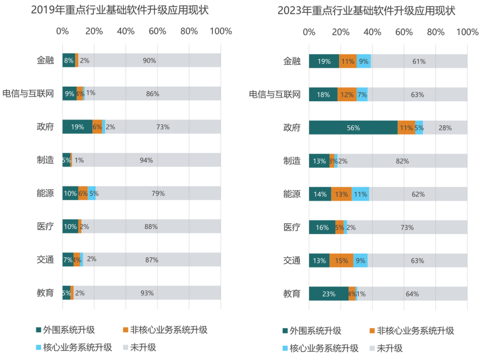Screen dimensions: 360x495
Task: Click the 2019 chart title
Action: click(x=120, y=10)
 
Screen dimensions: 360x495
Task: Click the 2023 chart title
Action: click(x=366, y=11)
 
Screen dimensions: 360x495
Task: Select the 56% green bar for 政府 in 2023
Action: click(x=353, y=128)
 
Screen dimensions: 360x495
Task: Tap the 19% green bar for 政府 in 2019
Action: click(x=77, y=127)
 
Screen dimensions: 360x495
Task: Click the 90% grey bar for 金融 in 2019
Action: click(x=149, y=60)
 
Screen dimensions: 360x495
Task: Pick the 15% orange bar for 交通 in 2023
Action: click(x=341, y=261)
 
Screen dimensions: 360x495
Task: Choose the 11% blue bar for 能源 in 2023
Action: click(x=360, y=194)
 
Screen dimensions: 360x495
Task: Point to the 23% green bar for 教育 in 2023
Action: click(x=329, y=294)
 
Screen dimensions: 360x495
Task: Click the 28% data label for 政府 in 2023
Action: click(x=445, y=128)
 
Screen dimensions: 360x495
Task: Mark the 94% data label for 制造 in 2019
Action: click(x=146, y=160)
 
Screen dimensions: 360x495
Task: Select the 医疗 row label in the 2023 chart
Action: click(x=292, y=228)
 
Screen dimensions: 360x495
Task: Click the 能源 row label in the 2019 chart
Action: click(x=45, y=193)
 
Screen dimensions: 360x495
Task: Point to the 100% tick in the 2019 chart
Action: click(x=220, y=31)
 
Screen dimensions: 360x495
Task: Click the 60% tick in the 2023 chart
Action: click(x=404, y=32)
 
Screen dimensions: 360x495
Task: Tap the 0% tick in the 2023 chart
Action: click(x=309, y=32)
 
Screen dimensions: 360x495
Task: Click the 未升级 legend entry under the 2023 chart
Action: click(x=390, y=348)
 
